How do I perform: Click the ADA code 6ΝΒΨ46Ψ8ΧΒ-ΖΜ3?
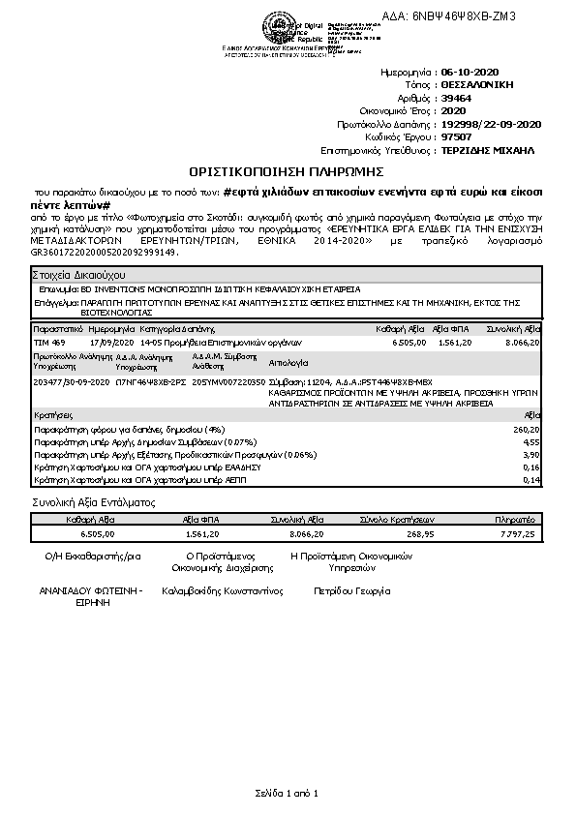(464, 16)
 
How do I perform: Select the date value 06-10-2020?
(468, 73)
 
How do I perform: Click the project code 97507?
(455, 137)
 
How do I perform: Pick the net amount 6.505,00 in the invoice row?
(409, 343)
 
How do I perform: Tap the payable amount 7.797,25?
(515, 533)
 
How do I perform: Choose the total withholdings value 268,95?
(422, 533)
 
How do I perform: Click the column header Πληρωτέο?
(515, 520)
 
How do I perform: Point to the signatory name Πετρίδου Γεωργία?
(351, 589)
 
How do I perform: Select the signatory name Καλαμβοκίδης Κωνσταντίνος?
(222, 589)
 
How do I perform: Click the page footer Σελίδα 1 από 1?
(288, 794)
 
